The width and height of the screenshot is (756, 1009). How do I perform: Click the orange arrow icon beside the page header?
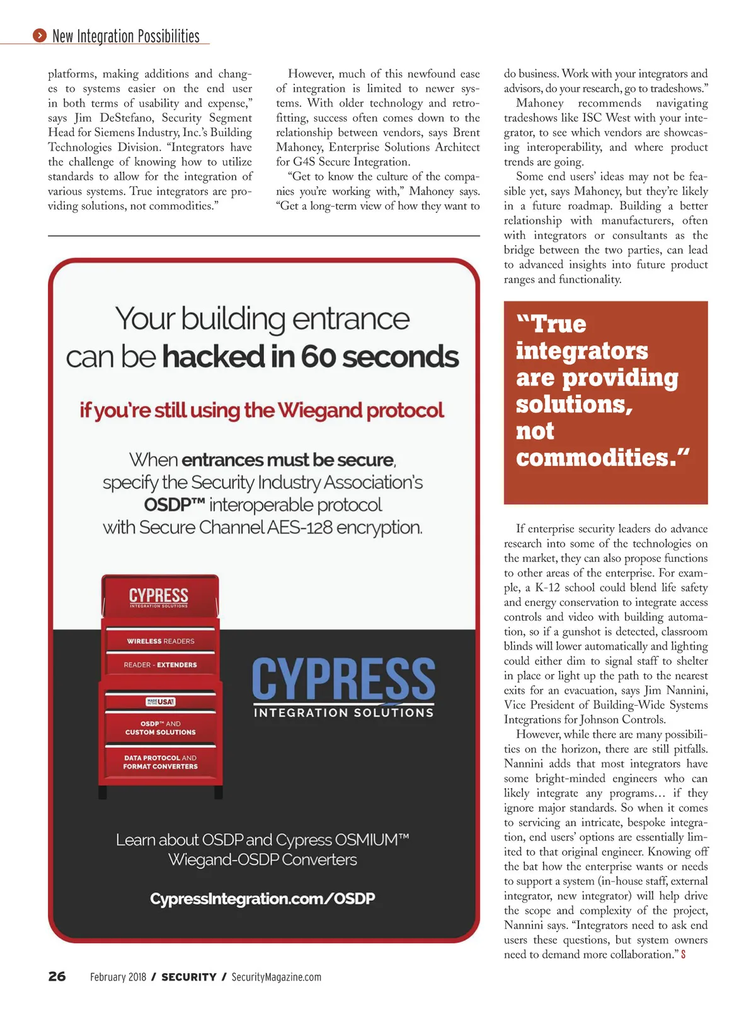pyautogui.click(x=40, y=36)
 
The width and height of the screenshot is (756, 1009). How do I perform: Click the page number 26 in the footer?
pyautogui.click(x=57, y=976)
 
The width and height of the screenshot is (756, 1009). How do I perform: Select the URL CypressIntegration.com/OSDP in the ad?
pyautogui.click(x=262, y=898)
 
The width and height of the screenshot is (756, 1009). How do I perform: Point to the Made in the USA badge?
pyautogui.click(x=161, y=701)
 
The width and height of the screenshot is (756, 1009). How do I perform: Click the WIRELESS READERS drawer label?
pyautogui.click(x=161, y=641)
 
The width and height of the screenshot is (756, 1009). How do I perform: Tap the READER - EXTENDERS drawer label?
pyautogui.click(x=160, y=665)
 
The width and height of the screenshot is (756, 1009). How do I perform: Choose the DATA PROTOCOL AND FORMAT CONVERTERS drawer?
pyautogui.click(x=160, y=762)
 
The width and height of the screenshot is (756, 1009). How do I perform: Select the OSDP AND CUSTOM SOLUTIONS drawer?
pyautogui.click(x=160, y=728)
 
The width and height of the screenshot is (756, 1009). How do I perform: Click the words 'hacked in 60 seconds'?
pyautogui.click(x=311, y=357)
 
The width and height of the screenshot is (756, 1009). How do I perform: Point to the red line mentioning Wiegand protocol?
pyautogui.click(x=262, y=411)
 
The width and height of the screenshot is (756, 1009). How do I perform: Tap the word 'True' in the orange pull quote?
pyautogui.click(x=559, y=324)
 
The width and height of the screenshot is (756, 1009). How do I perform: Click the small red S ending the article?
pyautogui.click(x=684, y=955)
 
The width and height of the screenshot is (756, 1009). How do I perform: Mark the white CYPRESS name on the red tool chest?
pyautogui.click(x=159, y=595)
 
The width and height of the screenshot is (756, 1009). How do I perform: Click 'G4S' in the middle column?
pyautogui.click(x=304, y=162)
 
